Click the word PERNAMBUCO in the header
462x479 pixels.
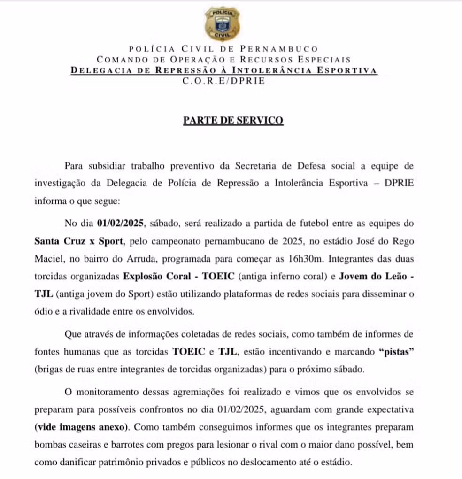click(x=279, y=48)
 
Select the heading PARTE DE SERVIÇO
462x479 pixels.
click(x=233, y=120)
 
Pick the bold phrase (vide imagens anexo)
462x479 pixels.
click(x=81, y=427)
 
